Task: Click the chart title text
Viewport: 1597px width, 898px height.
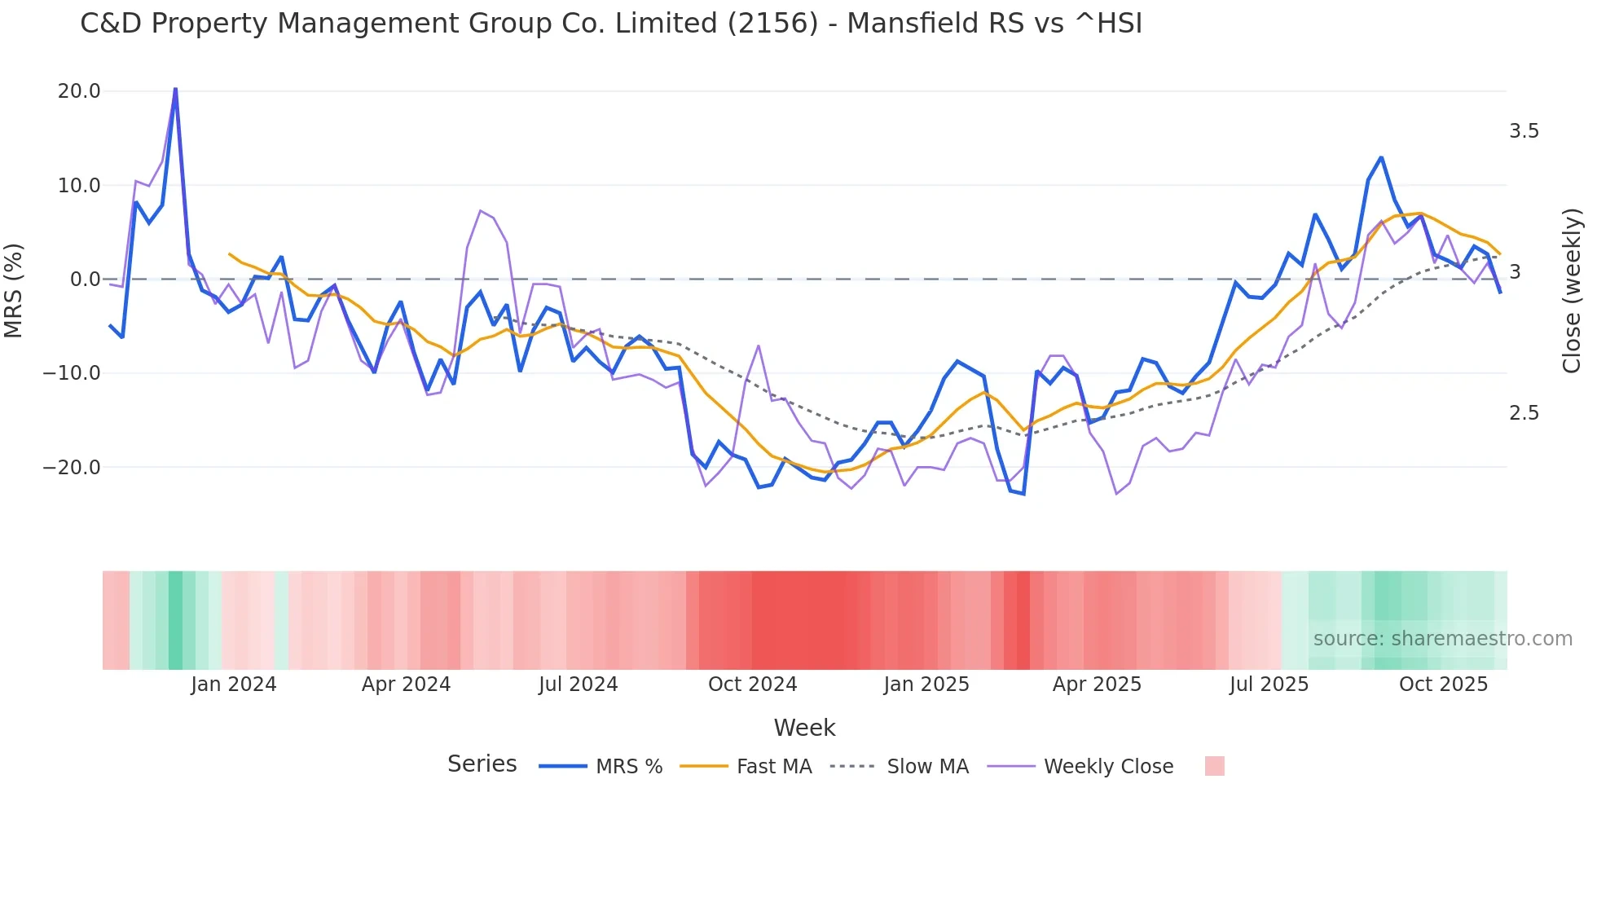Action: pyautogui.click(x=611, y=24)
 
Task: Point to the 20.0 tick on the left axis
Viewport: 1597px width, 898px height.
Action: pyautogui.click(x=79, y=91)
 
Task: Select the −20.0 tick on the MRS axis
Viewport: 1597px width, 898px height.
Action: pyautogui.click(x=73, y=468)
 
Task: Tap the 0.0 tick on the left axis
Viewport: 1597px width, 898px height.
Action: pyautogui.click(x=85, y=280)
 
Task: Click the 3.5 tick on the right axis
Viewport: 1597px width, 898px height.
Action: pyautogui.click(x=1524, y=131)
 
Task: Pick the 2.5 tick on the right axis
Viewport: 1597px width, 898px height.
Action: pyautogui.click(x=1524, y=413)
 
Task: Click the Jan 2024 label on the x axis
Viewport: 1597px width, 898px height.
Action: pyautogui.click(x=234, y=685)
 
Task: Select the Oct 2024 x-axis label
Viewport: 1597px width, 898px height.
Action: pyautogui.click(x=752, y=685)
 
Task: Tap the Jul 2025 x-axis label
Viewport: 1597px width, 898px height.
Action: pyautogui.click(x=1269, y=685)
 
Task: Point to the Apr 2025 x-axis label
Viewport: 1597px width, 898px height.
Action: pyautogui.click(x=1097, y=685)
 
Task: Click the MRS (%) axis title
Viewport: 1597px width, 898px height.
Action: pyautogui.click(x=14, y=290)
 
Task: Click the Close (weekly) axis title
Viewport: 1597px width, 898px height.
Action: pyautogui.click(x=1572, y=291)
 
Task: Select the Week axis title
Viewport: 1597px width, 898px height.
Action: pyautogui.click(x=804, y=728)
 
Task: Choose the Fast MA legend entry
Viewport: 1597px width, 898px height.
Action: pyautogui.click(x=773, y=767)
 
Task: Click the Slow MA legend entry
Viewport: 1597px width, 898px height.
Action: pyautogui.click(x=927, y=767)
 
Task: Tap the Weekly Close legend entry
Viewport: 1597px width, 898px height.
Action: pyautogui.click(x=1108, y=767)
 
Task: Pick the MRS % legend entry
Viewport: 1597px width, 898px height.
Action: pyautogui.click(x=628, y=767)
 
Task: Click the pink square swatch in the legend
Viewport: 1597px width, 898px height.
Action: pyautogui.click(x=1214, y=766)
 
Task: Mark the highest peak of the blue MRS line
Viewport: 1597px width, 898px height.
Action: pyautogui.click(x=175, y=89)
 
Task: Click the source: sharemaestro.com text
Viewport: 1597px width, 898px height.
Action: pyautogui.click(x=1442, y=639)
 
